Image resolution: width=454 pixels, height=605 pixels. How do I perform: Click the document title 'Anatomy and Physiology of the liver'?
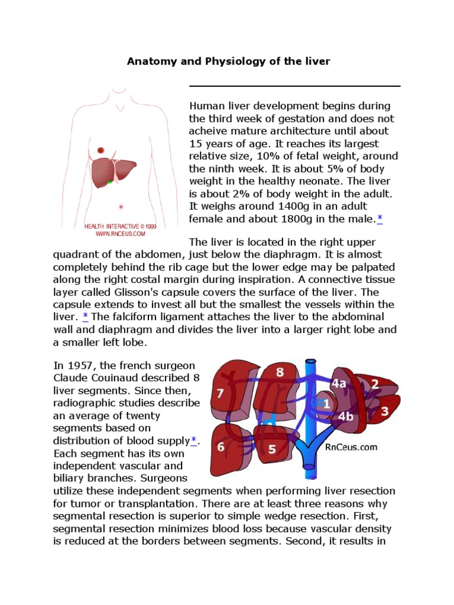(228, 61)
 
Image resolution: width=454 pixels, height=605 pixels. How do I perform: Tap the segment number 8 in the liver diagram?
(280, 372)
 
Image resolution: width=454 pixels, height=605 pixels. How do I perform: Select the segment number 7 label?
(220, 393)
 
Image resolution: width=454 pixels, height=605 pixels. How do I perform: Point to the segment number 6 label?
(220, 447)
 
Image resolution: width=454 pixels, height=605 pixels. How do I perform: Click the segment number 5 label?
(272, 449)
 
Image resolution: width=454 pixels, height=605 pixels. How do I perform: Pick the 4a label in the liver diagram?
(339, 383)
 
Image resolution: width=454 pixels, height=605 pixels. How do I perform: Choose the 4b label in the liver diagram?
(345, 416)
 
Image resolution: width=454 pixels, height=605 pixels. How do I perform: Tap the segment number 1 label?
(327, 404)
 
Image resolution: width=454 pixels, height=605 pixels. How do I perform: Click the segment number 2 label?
(375, 384)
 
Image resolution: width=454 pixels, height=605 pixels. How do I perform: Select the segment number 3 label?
(385, 411)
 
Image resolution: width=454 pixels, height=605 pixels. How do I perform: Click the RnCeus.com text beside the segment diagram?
(351, 447)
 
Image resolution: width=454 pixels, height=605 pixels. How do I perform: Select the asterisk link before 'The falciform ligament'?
(85, 317)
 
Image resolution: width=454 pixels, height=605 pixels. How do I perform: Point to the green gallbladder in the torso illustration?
(110, 183)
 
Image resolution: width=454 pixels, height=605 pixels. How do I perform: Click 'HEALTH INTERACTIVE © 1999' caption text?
(120, 226)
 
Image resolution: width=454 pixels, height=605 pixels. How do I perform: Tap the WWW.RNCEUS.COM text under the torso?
(120, 234)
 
